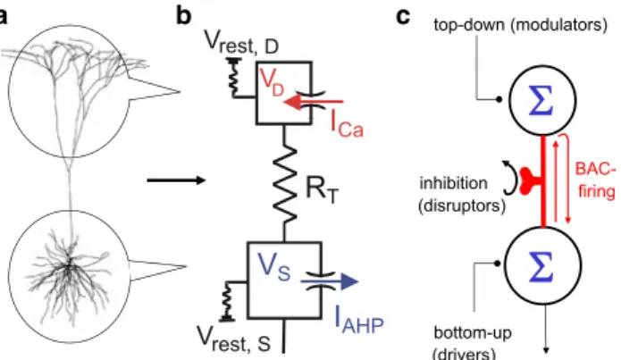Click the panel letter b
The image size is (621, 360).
pos(183,16)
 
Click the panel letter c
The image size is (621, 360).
pos(403,18)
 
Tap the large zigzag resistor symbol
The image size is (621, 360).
pos(285,184)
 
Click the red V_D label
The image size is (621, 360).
pos(272,82)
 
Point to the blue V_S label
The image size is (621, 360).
pos(273,266)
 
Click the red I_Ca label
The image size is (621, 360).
pos(347,123)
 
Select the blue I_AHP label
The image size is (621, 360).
pos(359,320)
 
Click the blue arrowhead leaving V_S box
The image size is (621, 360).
pos(349,282)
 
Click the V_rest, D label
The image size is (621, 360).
pos(241,42)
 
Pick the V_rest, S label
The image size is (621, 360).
pos(234,339)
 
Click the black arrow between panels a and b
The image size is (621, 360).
pos(176,180)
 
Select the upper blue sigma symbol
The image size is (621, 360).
pos(541,99)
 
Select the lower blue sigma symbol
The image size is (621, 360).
pos(542,265)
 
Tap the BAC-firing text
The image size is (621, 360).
pos(596,180)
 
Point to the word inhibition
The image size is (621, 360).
pos(454,183)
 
